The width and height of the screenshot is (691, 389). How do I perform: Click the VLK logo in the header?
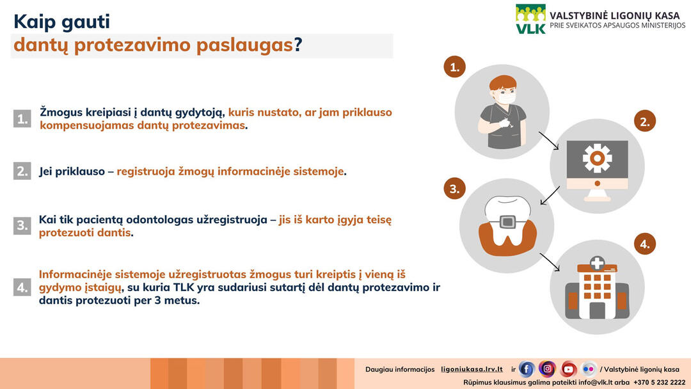pyautogui.click(x=531, y=19)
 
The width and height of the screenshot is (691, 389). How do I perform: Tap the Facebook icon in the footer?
pyautogui.click(x=526, y=369)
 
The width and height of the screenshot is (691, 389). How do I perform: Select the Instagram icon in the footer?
pyautogui.click(x=547, y=369)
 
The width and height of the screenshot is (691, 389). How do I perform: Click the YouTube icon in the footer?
pyautogui.click(x=568, y=369)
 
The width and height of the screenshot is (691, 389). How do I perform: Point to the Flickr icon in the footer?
pyautogui.click(x=589, y=369)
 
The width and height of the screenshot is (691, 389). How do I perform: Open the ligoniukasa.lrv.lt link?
pyautogui.click(x=472, y=369)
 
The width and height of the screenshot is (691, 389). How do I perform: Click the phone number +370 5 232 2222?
pyautogui.click(x=659, y=383)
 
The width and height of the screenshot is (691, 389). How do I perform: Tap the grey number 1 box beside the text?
pyautogui.click(x=22, y=118)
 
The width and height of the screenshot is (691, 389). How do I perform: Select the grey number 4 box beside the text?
pyautogui.click(x=22, y=287)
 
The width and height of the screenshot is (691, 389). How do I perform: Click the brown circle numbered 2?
pyautogui.click(x=645, y=121)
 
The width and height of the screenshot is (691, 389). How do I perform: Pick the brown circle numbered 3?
pyautogui.click(x=454, y=189)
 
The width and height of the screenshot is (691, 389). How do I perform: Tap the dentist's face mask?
pyautogui.click(x=505, y=97)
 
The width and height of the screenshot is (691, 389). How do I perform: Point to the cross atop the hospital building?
pyautogui.click(x=597, y=263)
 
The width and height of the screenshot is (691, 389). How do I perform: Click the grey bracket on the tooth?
pyautogui.click(x=507, y=221)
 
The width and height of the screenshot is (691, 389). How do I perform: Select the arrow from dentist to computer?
pyautogui.click(x=549, y=141)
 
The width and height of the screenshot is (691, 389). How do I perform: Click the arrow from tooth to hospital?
pyautogui.click(x=550, y=262)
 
